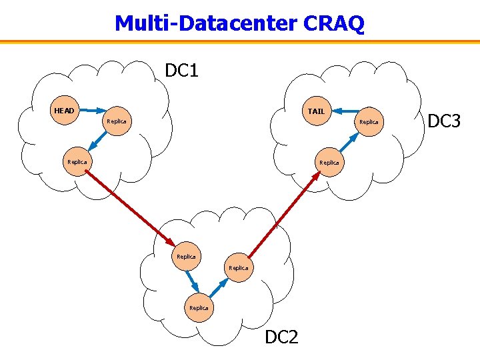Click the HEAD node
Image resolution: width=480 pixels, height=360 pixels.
pos(65,110)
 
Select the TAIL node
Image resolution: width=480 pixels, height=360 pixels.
pos(316,111)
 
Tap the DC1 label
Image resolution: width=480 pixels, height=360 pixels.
pos(182,70)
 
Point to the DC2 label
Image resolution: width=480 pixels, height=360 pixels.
pos(281,337)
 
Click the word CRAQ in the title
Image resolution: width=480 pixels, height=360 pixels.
pos(333,23)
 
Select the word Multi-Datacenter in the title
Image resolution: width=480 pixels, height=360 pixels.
pos(206,23)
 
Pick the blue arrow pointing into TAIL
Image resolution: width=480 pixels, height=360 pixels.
pos(343,113)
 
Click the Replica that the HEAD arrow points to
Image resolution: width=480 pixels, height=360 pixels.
pos(116,121)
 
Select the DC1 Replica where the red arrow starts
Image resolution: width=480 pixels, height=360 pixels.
pos(77,161)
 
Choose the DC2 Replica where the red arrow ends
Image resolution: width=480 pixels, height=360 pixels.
pos(186,256)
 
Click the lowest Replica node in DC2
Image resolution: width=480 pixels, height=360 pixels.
pos(199,307)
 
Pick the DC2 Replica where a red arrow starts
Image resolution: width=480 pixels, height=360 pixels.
pos(238,267)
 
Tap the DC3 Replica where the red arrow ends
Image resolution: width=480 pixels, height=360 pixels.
pos(329,162)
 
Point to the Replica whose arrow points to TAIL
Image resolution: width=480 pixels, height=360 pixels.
pos(369,122)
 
